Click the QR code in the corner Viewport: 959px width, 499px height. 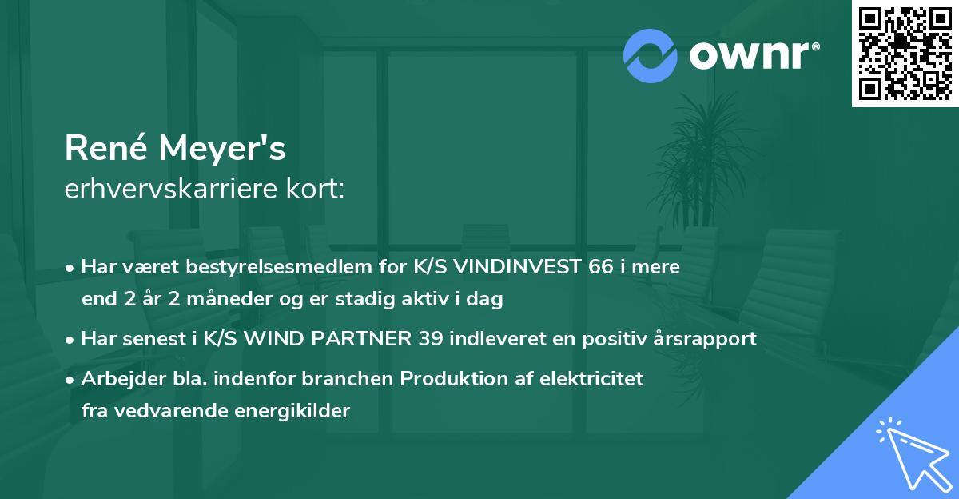[x=905, y=54]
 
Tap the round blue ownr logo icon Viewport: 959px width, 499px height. [x=651, y=55]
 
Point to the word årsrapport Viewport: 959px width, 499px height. [x=707, y=339]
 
